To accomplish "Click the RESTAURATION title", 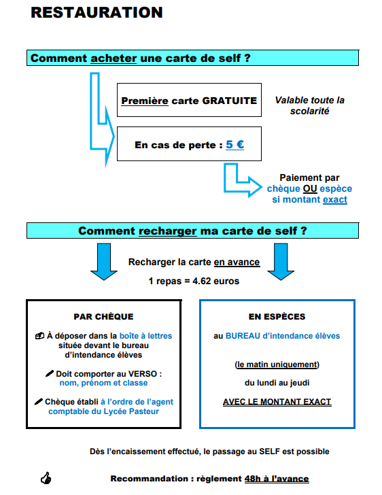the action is [x=97, y=13].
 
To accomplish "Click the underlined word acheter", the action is [x=114, y=58].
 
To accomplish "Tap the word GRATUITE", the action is [x=230, y=101].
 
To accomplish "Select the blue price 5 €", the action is [x=235, y=145].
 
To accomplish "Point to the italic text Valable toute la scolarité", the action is [x=310, y=105].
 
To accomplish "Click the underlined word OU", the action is [x=310, y=188].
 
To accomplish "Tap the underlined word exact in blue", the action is [x=335, y=199].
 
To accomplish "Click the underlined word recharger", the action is [x=168, y=231].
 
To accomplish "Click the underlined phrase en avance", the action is [x=237, y=262].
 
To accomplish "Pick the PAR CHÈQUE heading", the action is [x=103, y=317].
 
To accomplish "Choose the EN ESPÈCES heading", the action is [x=277, y=317].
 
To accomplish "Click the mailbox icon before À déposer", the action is [x=39, y=336].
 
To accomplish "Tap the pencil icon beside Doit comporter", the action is [x=50, y=373].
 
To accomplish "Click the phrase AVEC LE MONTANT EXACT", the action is [x=277, y=402].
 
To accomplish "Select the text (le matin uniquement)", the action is [x=277, y=364].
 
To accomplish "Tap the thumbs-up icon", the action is [x=46, y=478].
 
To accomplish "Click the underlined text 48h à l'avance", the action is [x=277, y=479].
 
